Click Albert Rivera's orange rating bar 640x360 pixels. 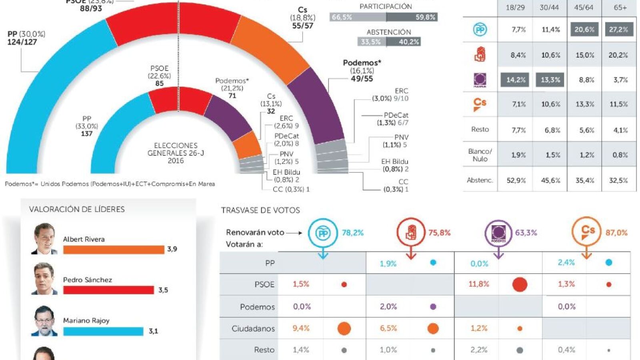click(114, 250)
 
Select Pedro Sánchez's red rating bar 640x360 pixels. click(108, 290)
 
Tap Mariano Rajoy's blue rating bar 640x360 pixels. click(103, 331)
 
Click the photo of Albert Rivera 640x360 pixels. click(44, 239)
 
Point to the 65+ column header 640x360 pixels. click(620, 8)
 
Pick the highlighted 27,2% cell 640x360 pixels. click(619, 30)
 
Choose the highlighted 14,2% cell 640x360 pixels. click(516, 80)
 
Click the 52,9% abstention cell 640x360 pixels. click(516, 180)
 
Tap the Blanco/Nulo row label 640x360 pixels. click(480, 155)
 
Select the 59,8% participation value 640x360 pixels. click(425, 17)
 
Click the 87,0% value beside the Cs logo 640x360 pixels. click(616, 233)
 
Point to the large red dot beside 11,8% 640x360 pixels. click(520, 284)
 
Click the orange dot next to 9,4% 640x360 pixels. click(344, 328)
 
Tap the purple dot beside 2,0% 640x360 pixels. click(433, 307)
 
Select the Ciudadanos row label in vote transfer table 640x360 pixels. click(253, 328)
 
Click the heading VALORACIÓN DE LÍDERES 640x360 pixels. click(77, 209)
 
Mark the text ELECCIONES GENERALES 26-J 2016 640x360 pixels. click(176, 153)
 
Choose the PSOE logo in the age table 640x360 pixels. click(480, 54)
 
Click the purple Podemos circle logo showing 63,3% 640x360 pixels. click(498, 232)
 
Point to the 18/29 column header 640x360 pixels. click(515, 8)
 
